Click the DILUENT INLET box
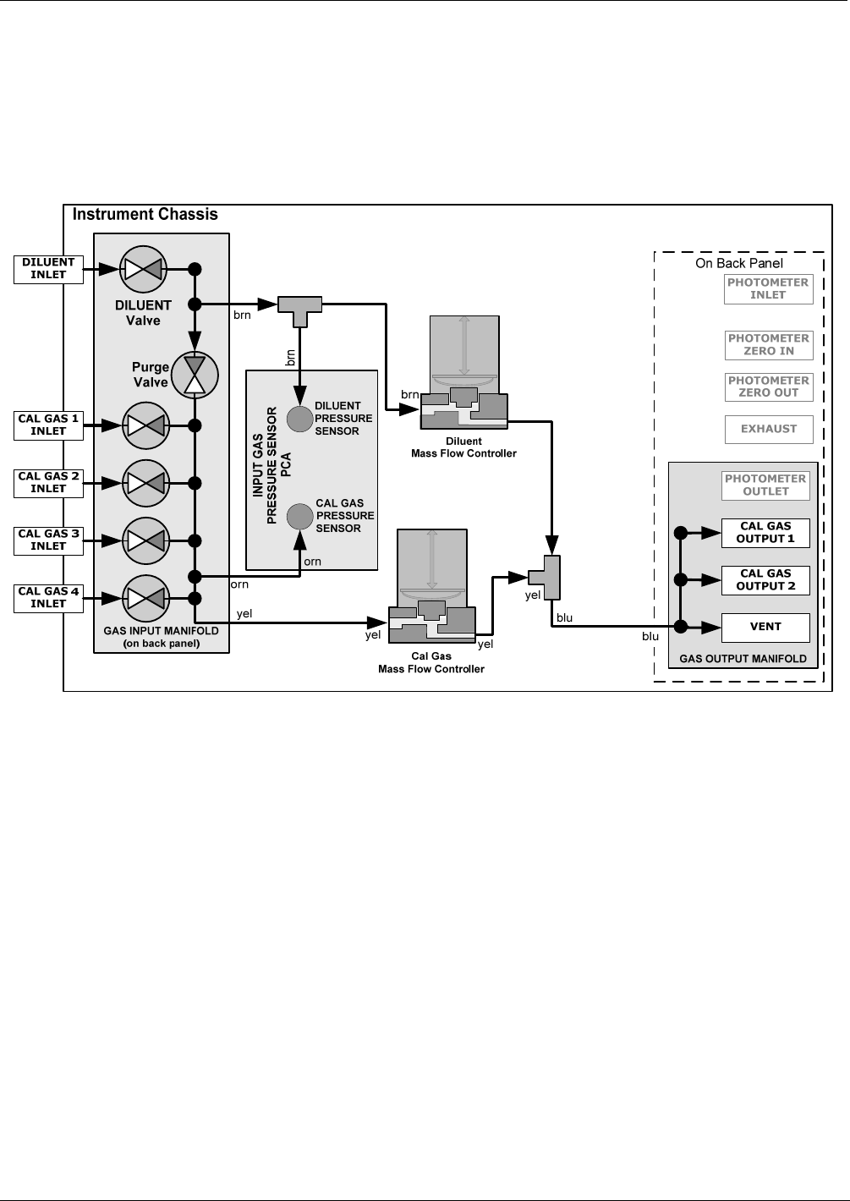[x=48, y=269]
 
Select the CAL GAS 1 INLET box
[x=48, y=425]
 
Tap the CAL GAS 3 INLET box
[x=48, y=540]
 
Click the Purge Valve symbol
[x=195, y=374]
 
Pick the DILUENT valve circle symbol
[x=144, y=269]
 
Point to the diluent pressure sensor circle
[x=299, y=418]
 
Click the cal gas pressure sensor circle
[x=299, y=516]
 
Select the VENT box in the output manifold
[x=765, y=628]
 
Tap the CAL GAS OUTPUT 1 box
[x=765, y=533]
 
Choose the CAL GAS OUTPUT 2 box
[x=765, y=580]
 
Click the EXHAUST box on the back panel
[x=769, y=429]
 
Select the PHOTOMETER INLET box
[x=769, y=289]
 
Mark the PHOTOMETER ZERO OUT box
[x=769, y=387]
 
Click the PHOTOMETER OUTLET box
[x=765, y=485]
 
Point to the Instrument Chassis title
[x=145, y=215]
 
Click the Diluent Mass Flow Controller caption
[x=463, y=447]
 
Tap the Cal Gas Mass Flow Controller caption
[x=431, y=662]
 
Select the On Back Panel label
[x=739, y=263]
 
